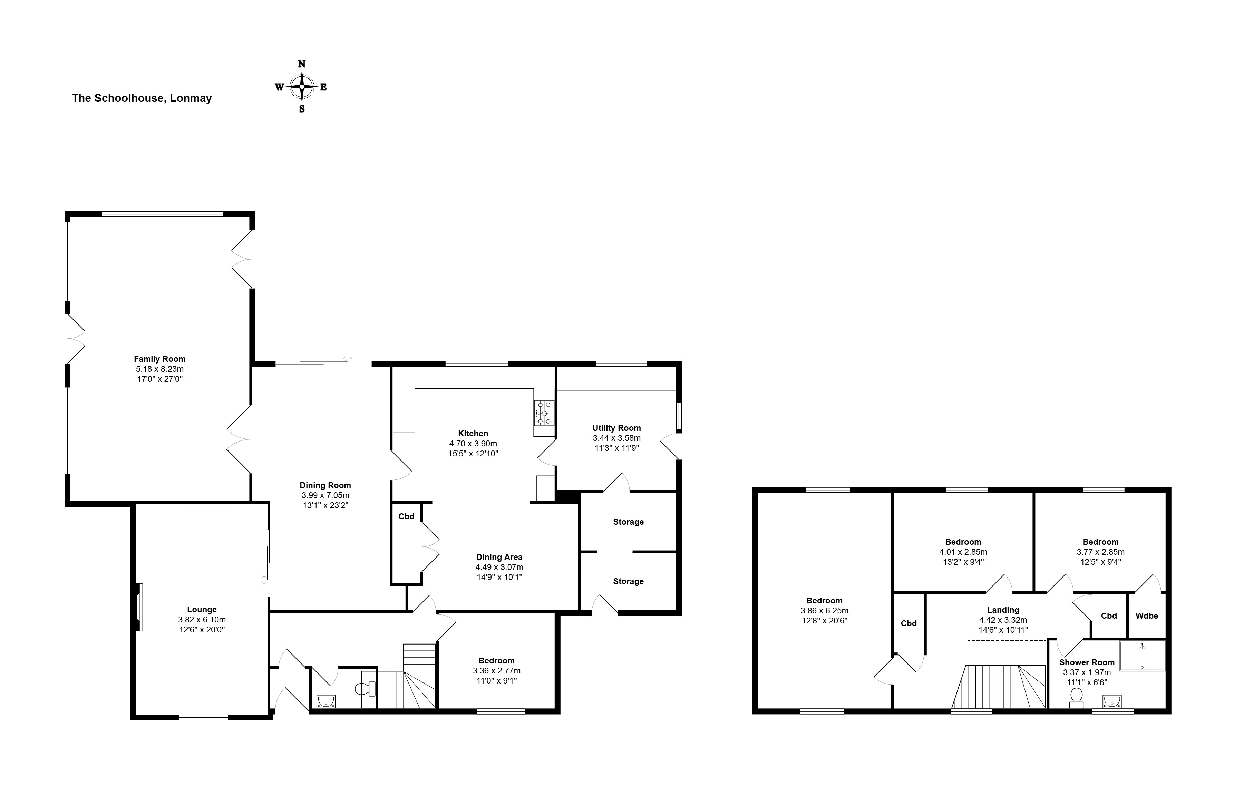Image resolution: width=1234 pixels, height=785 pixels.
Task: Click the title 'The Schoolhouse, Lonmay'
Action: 142,98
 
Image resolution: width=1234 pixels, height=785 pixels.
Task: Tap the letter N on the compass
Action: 302,64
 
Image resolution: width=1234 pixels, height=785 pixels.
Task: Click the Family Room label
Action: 159,359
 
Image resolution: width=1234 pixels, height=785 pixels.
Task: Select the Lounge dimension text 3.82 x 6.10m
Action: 202,620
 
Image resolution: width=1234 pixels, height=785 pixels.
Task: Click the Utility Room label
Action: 616,428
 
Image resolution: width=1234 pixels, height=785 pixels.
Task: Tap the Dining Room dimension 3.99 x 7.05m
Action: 325,495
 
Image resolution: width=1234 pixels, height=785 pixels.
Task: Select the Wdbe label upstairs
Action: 1147,616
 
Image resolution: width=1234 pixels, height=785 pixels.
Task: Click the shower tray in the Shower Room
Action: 1142,656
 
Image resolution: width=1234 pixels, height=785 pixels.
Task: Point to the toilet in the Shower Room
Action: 1076,698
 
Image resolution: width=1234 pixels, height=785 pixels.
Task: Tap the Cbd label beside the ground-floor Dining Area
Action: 406,516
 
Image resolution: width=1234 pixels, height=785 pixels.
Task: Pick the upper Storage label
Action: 628,522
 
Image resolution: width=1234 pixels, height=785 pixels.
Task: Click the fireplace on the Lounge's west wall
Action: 138,607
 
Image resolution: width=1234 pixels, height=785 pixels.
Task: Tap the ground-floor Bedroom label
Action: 497,661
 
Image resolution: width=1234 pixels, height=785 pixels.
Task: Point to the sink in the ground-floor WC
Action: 326,700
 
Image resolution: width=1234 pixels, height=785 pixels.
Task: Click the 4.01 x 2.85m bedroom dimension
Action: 963,552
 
